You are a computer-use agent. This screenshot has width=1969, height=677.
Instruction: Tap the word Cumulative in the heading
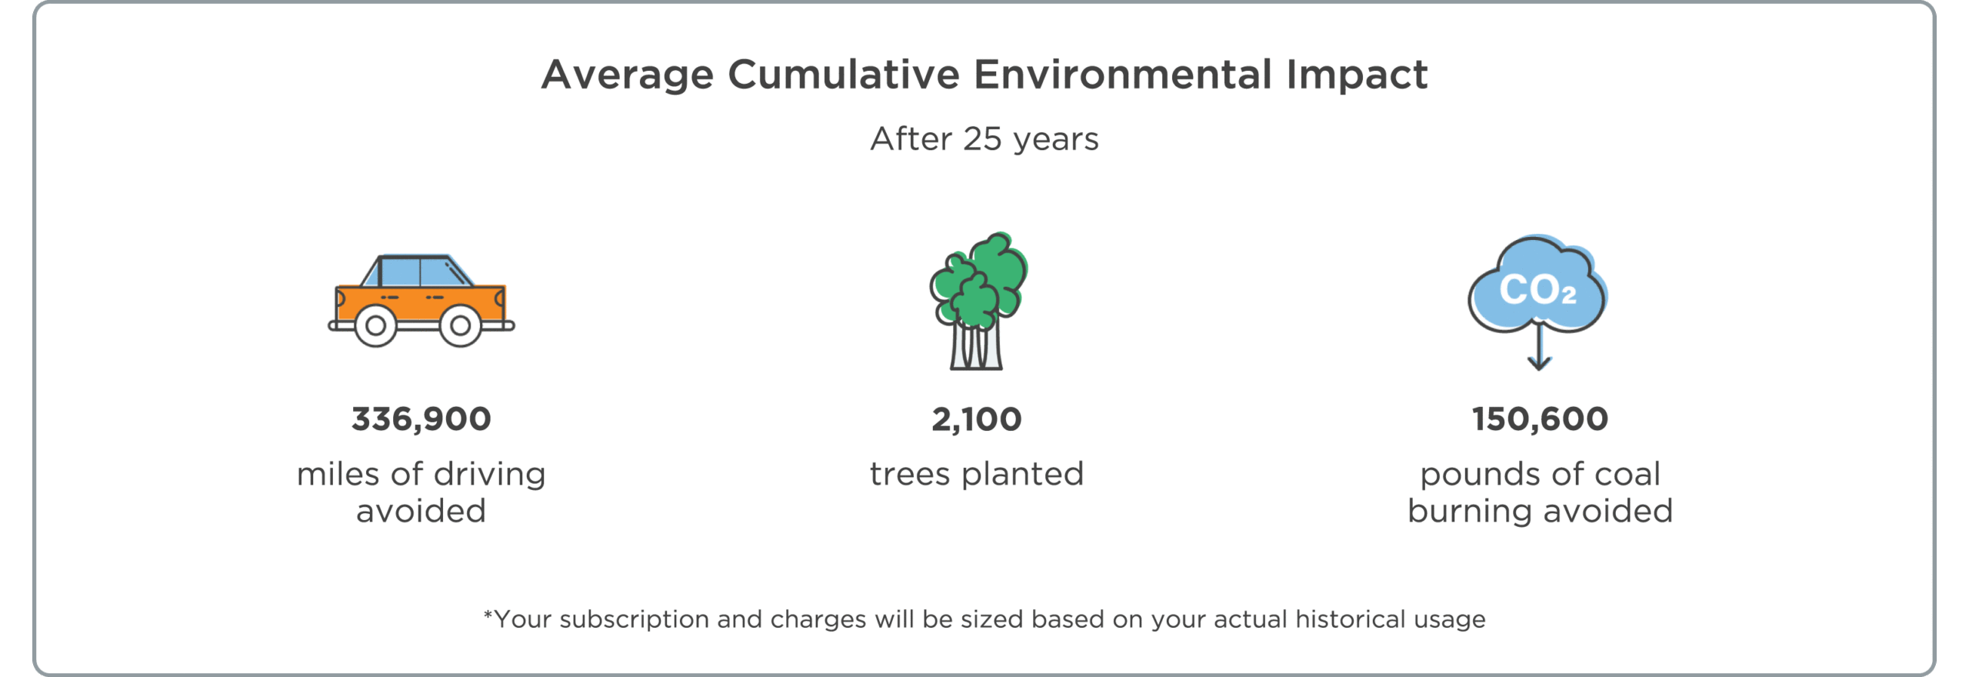(x=844, y=75)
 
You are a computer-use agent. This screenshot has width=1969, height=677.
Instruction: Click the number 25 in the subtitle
(x=982, y=139)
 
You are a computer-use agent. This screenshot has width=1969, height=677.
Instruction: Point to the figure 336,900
(x=421, y=419)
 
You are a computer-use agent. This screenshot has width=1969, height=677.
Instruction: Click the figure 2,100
(x=977, y=419)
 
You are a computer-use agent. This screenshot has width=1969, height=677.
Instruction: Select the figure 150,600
(x=1540, y=419)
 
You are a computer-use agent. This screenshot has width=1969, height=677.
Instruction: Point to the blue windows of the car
(x=419, y=272)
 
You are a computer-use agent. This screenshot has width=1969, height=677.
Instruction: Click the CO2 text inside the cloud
(x=1538, y=290)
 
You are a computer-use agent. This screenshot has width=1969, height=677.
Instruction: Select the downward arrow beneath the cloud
(x=1539, y=346)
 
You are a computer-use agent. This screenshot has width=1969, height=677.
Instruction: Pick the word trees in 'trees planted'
(x=911, y=475)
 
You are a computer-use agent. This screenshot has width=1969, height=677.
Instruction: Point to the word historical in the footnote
(x=1350, y=619)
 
